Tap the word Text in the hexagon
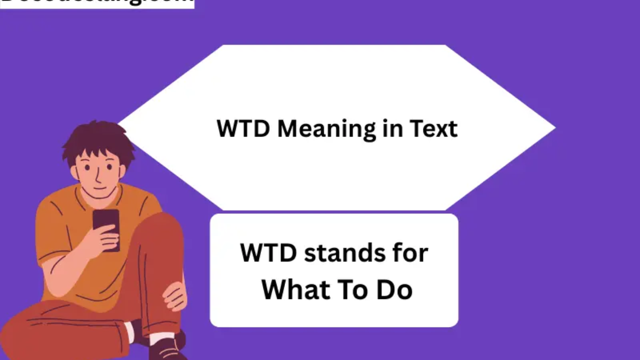click(x=433, y=129)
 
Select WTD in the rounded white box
click(x=268, y=253)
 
